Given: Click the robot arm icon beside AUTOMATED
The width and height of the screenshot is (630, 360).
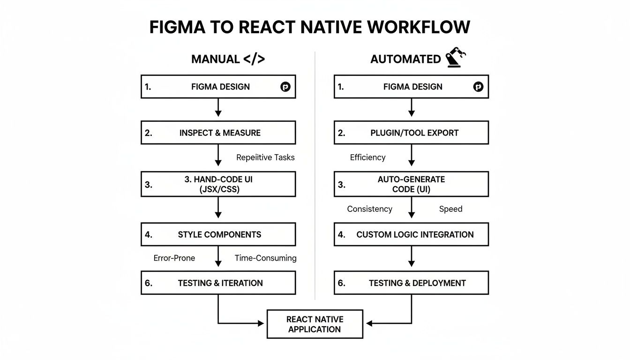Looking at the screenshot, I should click(x=456, y=58).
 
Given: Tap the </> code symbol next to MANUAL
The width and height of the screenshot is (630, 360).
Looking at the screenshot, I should click(x=254, y=59).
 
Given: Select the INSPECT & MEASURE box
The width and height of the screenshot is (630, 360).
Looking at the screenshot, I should click(x=218, y=133).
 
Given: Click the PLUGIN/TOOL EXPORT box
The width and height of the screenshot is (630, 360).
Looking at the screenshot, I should click(x=411, y=133).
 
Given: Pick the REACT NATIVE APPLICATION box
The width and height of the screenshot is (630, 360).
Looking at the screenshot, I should click(x=315, y=324).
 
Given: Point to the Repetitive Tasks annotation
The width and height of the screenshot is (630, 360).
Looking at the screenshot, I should click(x=265, y=157).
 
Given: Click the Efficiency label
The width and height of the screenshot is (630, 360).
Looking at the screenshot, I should click(x=367, y=157).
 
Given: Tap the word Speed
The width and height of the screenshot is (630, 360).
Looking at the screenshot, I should click(x=450, y=209).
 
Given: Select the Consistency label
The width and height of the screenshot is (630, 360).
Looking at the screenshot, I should click(x=369, y=209).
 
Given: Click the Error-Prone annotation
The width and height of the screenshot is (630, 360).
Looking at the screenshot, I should click(x=174, y=258).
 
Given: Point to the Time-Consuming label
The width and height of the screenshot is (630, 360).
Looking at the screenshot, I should click(x=265, y=258).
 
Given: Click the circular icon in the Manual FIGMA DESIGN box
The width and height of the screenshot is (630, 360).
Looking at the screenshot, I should click(x=285, y=87).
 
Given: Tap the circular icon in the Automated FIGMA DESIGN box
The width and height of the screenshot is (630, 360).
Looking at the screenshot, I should click(x=478, y=87).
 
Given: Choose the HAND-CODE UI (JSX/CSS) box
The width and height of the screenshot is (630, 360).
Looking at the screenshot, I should click(x=218, y=184).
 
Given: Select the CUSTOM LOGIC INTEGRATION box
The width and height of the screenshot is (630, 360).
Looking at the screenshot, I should click(x=411, y=234).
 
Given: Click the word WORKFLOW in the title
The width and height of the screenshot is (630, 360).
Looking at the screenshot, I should click(x=419, y=28).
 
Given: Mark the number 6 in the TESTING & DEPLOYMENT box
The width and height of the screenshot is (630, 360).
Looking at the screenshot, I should click(x=341, y=283).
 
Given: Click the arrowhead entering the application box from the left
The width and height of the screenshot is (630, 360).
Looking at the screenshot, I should click(x=262, y=323).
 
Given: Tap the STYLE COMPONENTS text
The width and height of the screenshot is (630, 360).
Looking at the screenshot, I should click(x=219, y=234).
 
